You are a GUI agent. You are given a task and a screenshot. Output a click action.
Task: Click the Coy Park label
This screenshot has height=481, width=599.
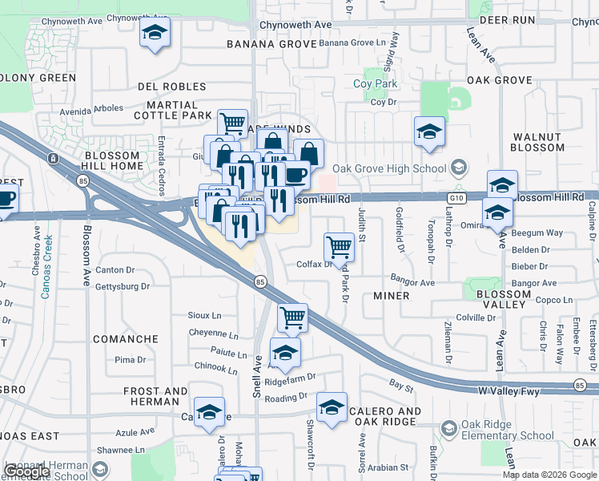(376, 84)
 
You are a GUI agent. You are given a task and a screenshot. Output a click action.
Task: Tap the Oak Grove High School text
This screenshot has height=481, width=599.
(389, 168)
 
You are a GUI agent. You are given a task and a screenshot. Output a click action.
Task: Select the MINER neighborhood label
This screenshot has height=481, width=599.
(392, 296)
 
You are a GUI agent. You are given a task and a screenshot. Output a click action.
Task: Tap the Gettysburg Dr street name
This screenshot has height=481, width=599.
(122, 286)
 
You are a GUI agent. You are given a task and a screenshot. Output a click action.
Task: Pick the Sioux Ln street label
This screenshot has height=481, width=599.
(204, 316)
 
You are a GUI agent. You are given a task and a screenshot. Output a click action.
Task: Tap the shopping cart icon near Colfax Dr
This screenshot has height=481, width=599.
(340, 247)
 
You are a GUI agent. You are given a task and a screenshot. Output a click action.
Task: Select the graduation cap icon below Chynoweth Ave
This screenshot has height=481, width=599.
(154, 34)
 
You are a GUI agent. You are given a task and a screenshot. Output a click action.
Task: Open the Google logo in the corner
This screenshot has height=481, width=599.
(27, 471)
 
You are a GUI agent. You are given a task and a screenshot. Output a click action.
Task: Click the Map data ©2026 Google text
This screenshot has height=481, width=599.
(549, 475)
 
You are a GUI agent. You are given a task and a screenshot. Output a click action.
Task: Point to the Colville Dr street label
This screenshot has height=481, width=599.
(476, 317)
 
